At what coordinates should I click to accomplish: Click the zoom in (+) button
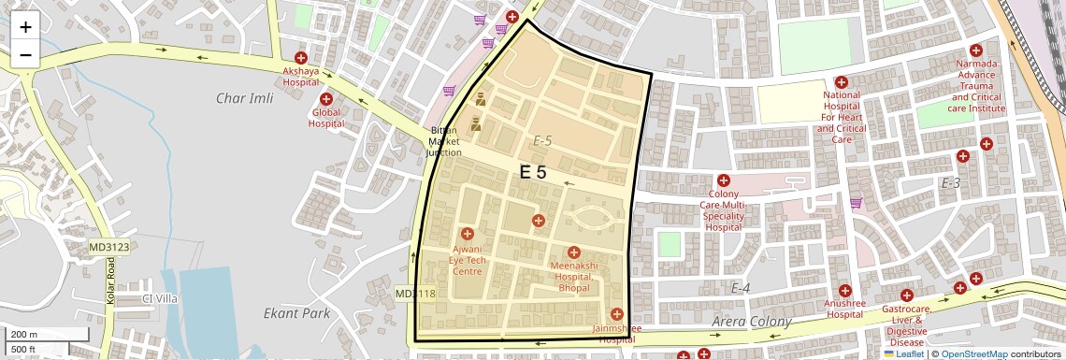(x=25, y=27)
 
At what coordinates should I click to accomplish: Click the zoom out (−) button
(x=25, y=54)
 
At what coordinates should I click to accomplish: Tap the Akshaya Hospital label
(x=301, y=76)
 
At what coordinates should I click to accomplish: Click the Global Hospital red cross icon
(x=326, y=99)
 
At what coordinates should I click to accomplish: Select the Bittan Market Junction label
(x=444, y=140)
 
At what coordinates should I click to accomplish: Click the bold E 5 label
(x=533, y=172)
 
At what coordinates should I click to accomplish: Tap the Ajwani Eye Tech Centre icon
(x=468, y=233)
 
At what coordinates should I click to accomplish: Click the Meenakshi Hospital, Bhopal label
(x=574, y=271)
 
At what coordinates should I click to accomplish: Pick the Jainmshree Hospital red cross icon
(x=615, y=313)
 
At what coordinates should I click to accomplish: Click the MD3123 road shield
(x=108, y=247)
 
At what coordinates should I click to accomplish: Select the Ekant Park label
(x=296, y=314)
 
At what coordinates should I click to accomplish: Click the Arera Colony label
(x=752, y=322)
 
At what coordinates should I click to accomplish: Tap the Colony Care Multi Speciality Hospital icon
(x=723, y=180)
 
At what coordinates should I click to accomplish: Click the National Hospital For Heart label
(x=841, y=111)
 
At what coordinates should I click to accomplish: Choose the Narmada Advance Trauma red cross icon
(x=975, y=50)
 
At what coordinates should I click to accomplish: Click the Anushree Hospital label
(x=845, y=309)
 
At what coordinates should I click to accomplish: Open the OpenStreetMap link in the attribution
(x=973, y=354)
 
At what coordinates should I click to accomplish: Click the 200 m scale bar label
(x=23, y=335)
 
